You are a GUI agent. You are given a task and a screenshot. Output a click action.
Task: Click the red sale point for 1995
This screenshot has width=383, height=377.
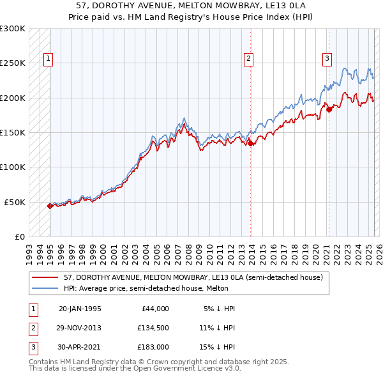point(50,206)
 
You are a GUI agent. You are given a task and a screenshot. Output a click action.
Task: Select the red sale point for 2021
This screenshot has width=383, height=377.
point(329,109)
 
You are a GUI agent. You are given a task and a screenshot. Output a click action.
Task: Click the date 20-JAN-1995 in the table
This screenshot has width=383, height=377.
point(80,309)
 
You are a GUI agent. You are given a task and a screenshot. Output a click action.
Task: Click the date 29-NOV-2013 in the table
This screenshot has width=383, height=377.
point(80,328)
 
